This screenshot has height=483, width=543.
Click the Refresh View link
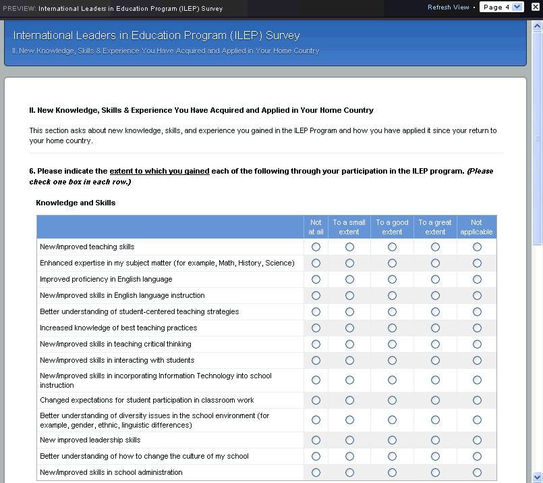pos(448,7)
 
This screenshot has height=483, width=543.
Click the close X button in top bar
pos(536,7)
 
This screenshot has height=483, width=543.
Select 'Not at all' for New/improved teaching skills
pos(316,247)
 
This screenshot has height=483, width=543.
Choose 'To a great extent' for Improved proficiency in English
pos(435,280)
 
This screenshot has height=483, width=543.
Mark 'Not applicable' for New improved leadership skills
pos(477,440)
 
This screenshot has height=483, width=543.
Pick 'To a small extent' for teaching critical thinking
pos(349,345)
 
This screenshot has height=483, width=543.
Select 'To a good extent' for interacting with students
pos(392,361)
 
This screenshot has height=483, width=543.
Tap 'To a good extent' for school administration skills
pos(392,473)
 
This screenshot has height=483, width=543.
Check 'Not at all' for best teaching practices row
pos(316,328)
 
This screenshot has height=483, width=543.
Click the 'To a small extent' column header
pos(349,227)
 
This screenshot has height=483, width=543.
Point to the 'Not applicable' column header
pos(476,227)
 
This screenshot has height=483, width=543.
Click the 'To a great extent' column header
pos(435,227)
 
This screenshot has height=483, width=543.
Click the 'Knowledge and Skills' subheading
pos(76,203)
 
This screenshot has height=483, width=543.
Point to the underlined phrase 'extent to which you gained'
pos(159,172)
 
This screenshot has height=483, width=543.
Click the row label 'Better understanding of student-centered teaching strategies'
pos(139,312)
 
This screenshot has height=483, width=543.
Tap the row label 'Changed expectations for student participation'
pos(146,401)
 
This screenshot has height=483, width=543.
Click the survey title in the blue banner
pos(156,36)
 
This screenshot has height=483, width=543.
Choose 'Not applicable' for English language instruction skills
pos(477,296)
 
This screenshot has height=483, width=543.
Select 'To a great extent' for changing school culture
pos(435,457)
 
